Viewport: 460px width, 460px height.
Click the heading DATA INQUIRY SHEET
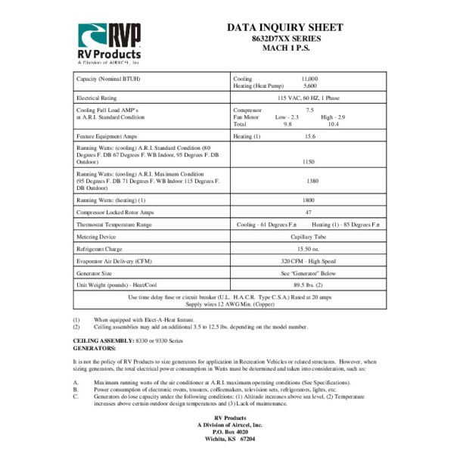pyautogui.click(x=286, y=28)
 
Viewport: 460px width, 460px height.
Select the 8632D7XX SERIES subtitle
pyautogui.click(x=286, y=39)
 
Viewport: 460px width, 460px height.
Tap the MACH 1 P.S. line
pyautogui.click(x=286, y=48)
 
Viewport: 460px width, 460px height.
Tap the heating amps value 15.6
pyautogui.click(x=309, y=136)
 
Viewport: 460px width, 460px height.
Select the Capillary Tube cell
pyautogui.click(x=307, y=237)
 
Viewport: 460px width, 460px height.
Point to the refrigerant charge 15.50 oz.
pyautogui.click(x=307, y=248)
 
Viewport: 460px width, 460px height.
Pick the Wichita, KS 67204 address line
pyautogui.click(x=230, y=438)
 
